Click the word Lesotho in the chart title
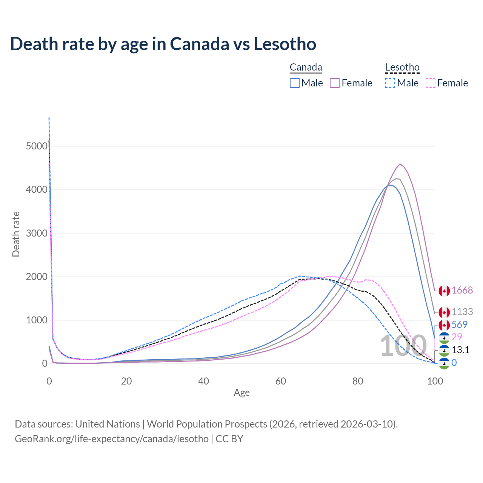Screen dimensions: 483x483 (285, 44)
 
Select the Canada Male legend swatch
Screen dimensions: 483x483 (295, 83)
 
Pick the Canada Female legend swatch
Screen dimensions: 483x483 (335, 83)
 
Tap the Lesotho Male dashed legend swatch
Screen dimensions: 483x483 (390, 83)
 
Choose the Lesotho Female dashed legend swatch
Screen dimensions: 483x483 (431, 83)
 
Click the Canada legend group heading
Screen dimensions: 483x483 (306, 68)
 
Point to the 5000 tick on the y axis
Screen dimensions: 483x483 (37, 146)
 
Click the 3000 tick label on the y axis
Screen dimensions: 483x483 (37, 233)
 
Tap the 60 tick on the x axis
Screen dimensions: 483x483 (281, 381)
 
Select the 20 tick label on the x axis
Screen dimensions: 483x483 (126, 381)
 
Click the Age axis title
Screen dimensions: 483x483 (241, 393)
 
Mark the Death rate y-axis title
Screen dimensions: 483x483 (16, 234)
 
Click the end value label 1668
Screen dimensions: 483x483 (462, 290)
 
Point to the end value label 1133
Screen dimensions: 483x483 (462, 312)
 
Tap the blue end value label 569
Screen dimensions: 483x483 (459, 325)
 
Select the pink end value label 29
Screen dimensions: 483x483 (457, 337)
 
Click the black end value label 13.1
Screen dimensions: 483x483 (460, 350)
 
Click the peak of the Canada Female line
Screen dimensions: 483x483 (400, 164)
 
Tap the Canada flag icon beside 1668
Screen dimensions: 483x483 (444, 291)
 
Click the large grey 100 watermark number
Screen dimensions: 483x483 (403, 346)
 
